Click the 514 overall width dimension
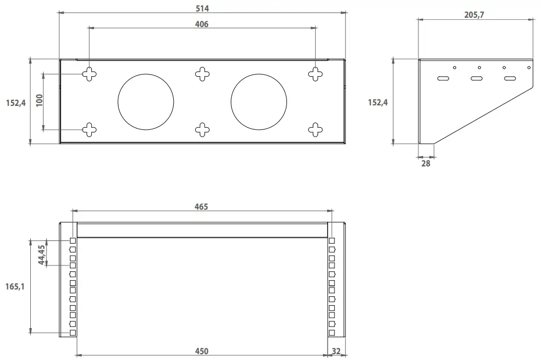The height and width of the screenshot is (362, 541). click(202, 8)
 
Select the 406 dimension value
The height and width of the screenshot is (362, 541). click(201, 24)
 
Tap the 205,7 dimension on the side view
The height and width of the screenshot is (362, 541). click(474, 15)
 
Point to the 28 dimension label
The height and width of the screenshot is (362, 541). click(426, 163)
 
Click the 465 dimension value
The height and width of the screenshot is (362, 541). click(201, 207)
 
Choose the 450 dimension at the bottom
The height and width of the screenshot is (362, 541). click(201, 351)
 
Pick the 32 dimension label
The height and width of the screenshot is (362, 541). click(336, 351)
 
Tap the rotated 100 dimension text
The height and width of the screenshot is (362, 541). click(40, 101)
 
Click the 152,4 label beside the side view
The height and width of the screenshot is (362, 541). click(378, 102)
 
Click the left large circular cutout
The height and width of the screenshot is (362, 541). click(146, 102)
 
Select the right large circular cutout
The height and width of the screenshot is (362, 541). click(259, 102)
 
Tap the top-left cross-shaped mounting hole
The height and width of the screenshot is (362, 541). click(89, 74)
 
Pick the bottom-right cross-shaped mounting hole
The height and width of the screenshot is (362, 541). click(316, 129)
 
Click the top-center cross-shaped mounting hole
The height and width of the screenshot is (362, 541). click(202, 74)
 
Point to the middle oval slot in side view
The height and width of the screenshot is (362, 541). click(477, 79)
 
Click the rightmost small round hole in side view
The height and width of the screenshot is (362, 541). click(528, 67)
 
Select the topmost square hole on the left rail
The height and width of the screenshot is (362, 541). click(73, 241)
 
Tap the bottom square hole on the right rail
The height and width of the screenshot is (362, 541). click(332, 332)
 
